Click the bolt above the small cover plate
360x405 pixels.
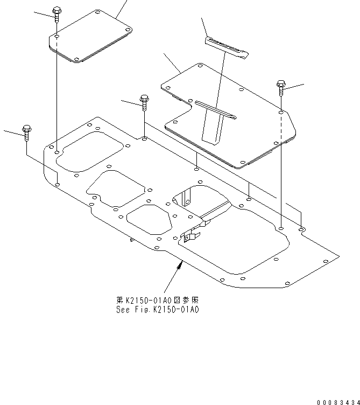coord(57,12)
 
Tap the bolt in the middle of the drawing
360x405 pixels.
coord(144,101)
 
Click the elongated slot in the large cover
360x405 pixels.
coord(215,109)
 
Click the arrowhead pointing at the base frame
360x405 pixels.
coord(181,263)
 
